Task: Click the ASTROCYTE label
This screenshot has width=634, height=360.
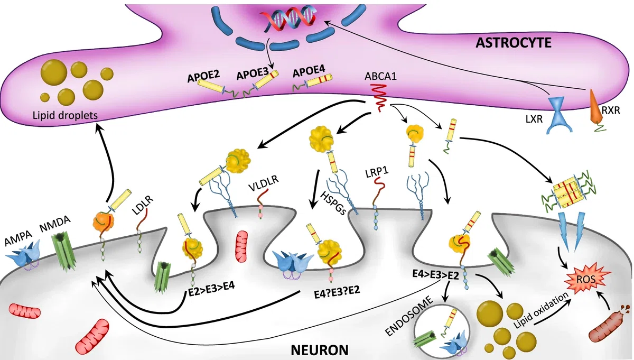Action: pyautogui.click(x=514, y=43)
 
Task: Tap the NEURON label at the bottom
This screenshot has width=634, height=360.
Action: pyautogui.click(x=320, y=350)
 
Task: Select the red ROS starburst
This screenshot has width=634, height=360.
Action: pyautogui.click(x=586, y=279)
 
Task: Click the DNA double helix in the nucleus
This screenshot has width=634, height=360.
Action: pyautogui.click(x=288, y=19)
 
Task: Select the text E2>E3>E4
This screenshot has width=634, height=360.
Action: pyautogui.click(x=212, y=285)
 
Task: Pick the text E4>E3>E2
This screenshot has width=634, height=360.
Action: pyautogui.click(x=435, y=275)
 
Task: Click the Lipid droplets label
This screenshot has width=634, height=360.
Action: pyautogui.click(x=65, y=116)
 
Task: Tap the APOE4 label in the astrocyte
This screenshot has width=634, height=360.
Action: pyautogui.click(x=309, y=70)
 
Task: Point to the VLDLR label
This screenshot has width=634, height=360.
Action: pyautogui.click(x=264, y=183)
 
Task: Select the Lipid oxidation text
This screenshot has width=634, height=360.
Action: pyautogui.click(x=541, y=310)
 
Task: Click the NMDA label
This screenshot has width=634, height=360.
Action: pyautogui.click(x=54, y=224)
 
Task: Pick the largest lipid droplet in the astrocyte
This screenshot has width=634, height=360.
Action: pyautogui.click(x=54, y=72)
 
